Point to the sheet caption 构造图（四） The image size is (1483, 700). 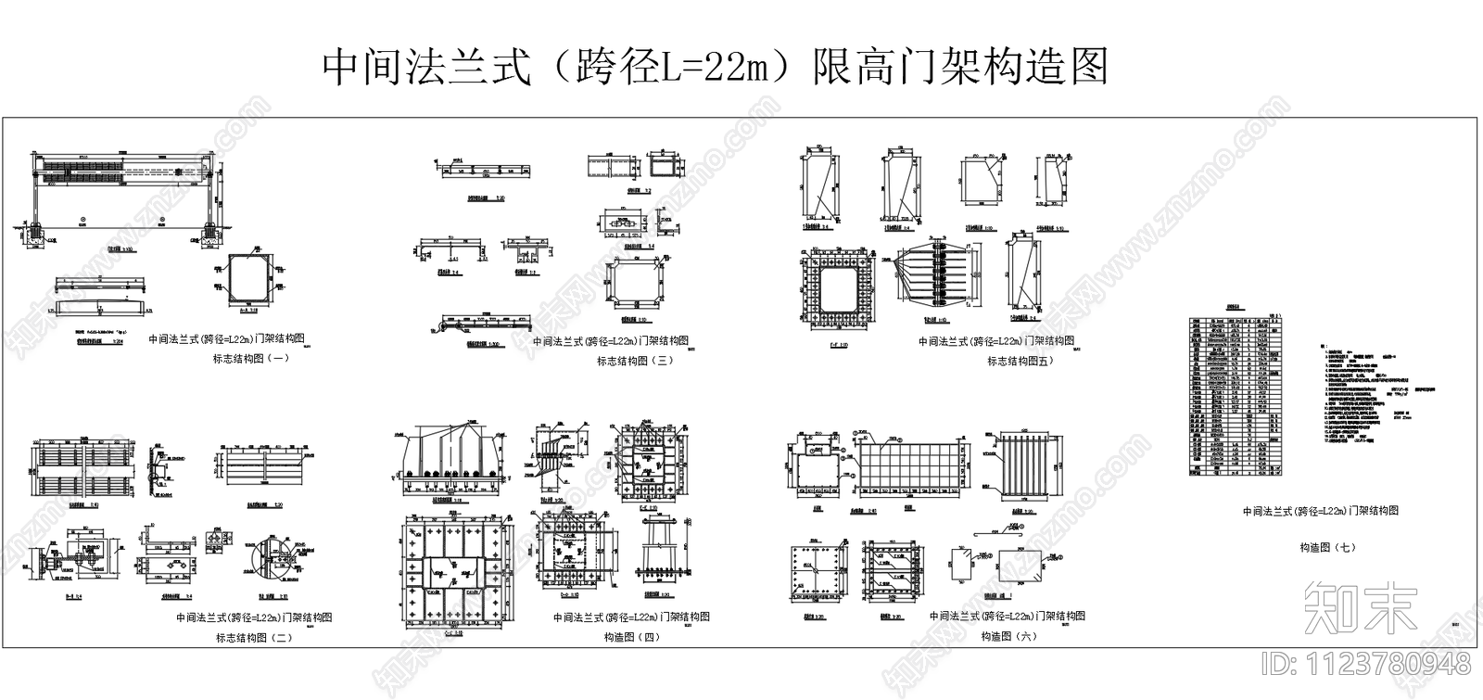pyautogui.click(x=632, y=638)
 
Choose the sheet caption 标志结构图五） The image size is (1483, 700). pyautogui.click(x=1020, y=362)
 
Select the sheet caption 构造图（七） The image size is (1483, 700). pyautogui.click(x=1327, y=548)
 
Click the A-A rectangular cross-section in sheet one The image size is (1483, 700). pyautogui.click(x=245, y=278)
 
